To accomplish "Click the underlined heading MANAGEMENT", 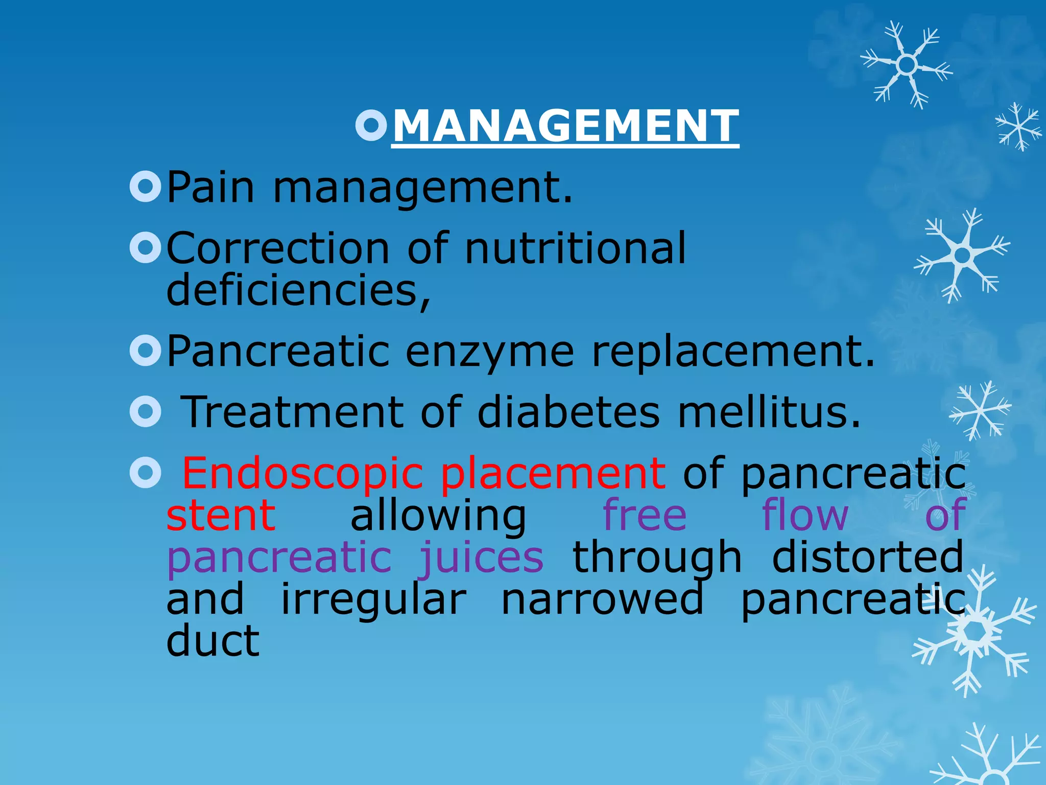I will pyautogui.click(x=565, y=126).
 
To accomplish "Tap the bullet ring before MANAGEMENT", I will pyautogui.click(x=371, y=125).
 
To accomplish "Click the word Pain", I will pyautogui.click(x=210, y=188).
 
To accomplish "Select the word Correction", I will pyautogui.click(x=278, y=248).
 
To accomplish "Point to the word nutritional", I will pyautogui.click(x=576, y=248).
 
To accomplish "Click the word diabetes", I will pyautogui.click(x=568, y=412).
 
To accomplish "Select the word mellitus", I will pyautogui.click(x=769, y=412).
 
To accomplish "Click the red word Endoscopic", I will pyautogui.click(x=302, y=474).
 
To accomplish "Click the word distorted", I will pyautogui.click(x=867, y=557).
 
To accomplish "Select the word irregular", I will pyautogui.click(x=374, y=600).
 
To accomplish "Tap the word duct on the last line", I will pyautogui.click(x=213, y=641).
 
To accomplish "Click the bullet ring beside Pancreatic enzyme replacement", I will pyautogui.click(x=146, y=351).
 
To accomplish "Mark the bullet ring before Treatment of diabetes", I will pyautogui.click(x=146, y=411).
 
